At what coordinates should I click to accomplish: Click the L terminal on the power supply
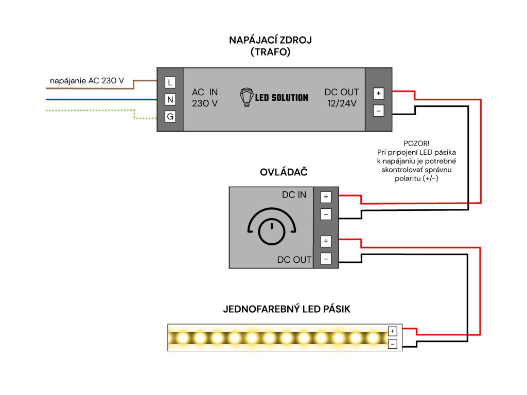coord(170,82)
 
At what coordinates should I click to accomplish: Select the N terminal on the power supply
coord(170,99)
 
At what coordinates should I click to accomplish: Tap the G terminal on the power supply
coord(170,117)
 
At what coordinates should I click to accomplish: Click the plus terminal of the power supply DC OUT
coord(378,93)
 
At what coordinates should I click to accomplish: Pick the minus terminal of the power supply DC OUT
coord(378,111)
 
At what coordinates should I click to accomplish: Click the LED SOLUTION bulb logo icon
coord(248,97)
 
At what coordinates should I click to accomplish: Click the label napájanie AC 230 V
coord(86,81)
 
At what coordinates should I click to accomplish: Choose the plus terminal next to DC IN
coord(326,196)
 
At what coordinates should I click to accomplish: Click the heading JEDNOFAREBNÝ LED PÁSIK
coord(287,309)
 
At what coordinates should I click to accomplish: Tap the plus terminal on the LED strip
coord(393,331)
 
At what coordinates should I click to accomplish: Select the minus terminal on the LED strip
coord(393,344)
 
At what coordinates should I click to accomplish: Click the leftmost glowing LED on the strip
coord(183,338)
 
